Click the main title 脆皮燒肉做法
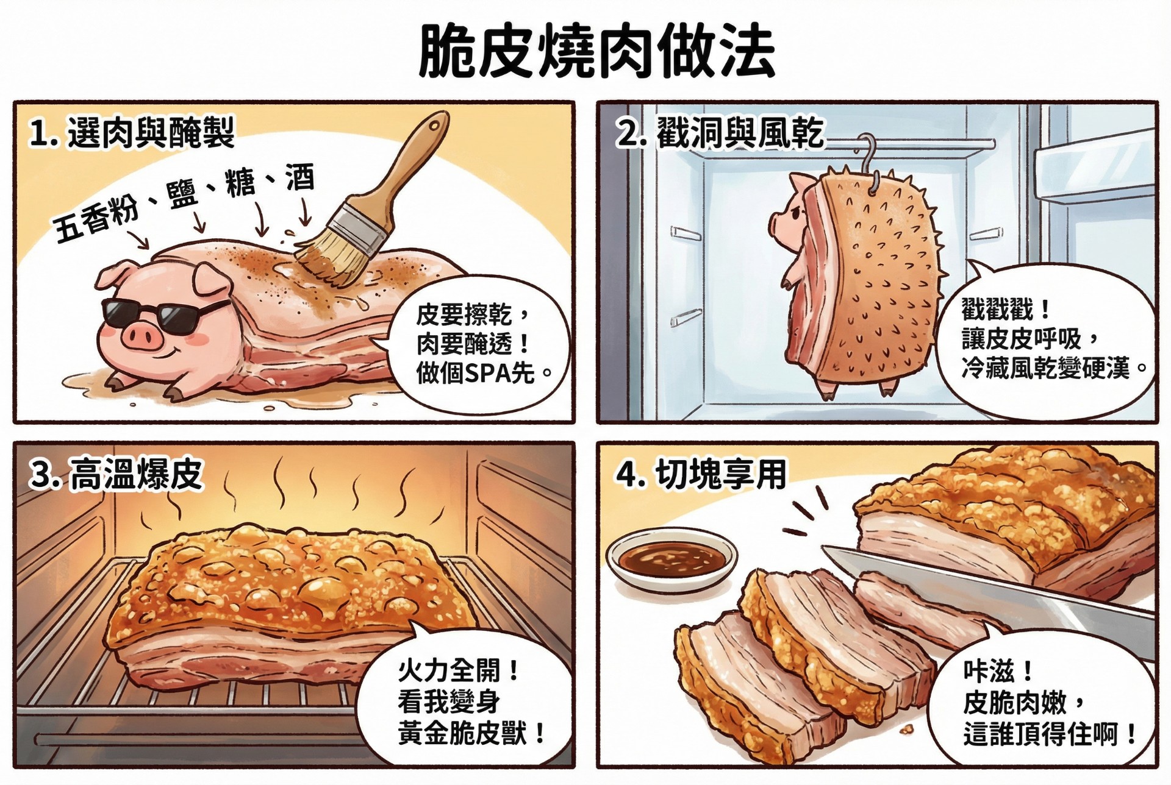click(x=596, y=52)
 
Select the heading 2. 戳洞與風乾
click(x=720, y=133)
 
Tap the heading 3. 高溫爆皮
click(x=116, y=475)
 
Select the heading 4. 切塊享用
click(x=701, y=475)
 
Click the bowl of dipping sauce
click(x=671, y=558)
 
